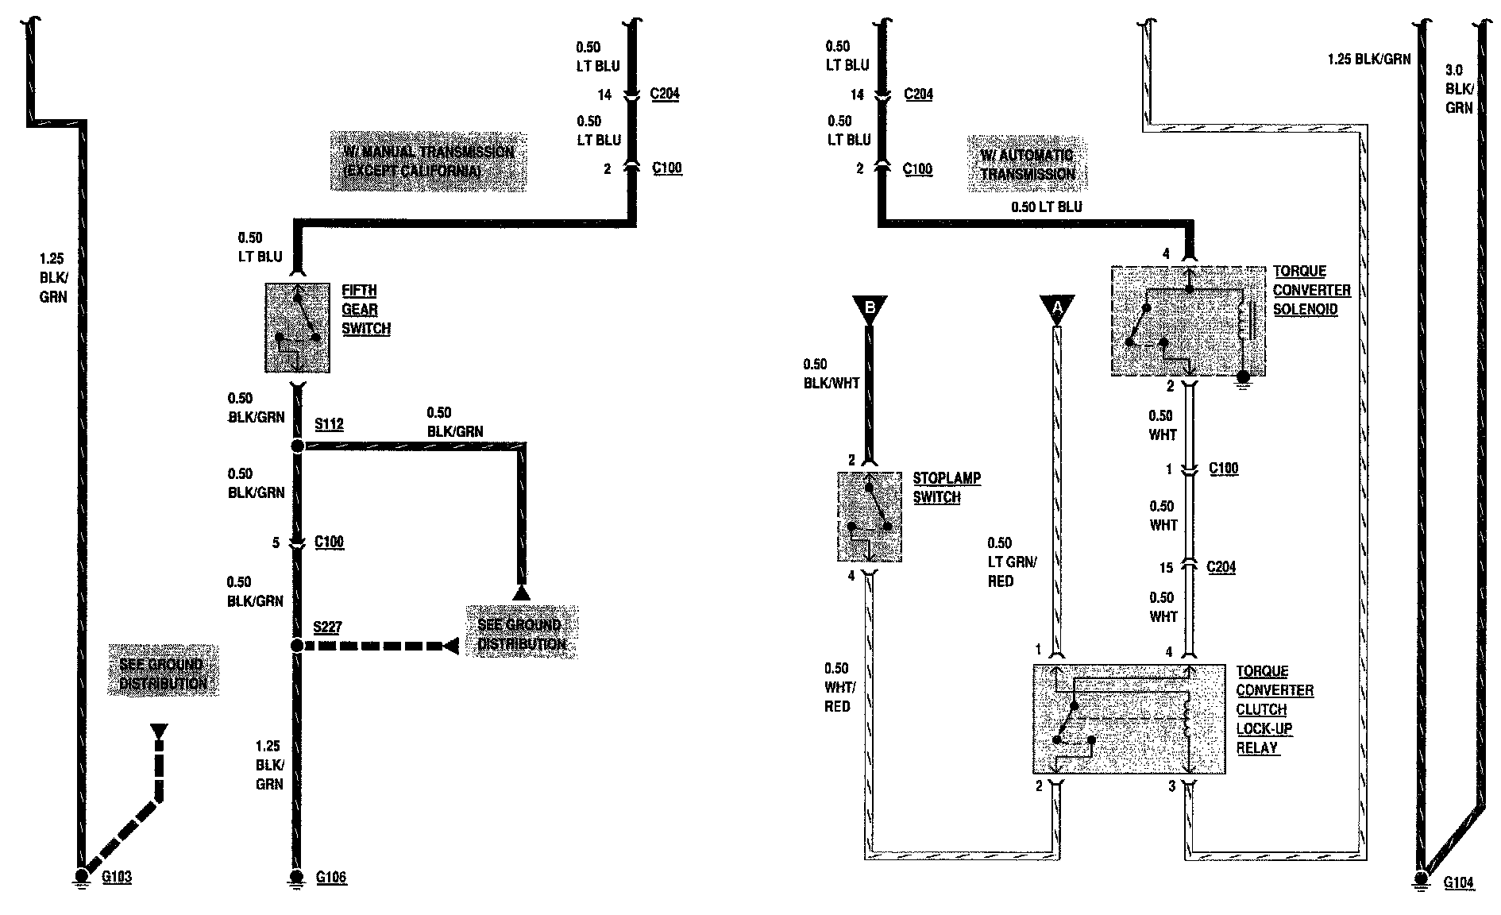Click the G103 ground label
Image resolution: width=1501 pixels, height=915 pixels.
(x=117, y=878)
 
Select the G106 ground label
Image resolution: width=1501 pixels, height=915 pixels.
(x=331, y=878)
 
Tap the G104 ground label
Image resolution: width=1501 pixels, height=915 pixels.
(x=1458, y=882)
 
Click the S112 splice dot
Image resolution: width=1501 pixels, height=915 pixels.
(x=297, y=446)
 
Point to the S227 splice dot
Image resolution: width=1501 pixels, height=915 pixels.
(x=297, y=646)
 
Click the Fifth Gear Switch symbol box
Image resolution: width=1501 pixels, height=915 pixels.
(x=297, y=327)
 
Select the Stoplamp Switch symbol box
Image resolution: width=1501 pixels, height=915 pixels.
(x=870, y=517)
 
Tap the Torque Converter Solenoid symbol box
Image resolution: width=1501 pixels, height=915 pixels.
(x=1187, y=321)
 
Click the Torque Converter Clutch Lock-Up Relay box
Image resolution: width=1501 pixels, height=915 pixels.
(x=1129, y=719)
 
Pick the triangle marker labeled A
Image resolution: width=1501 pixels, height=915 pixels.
(x=1057, y=307)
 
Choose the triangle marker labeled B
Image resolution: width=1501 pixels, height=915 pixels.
(x=870, y=307)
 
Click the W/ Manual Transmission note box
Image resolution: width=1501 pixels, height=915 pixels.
(x=429, y=160)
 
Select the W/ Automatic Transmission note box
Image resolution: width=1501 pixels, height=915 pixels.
(x=1027, y=164)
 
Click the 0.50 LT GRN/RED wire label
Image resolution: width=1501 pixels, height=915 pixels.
(x=1011, y=562)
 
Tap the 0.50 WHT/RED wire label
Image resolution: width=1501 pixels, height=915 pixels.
(x=838, y=687)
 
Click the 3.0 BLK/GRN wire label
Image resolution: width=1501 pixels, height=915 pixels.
(x=1459, y=89)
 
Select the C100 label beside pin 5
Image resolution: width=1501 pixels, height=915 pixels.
(x=329, y=542)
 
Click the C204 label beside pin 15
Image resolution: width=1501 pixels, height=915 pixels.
(x=1221, y=567)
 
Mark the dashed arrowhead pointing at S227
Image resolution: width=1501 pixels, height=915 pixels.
(x=451, y=646)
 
